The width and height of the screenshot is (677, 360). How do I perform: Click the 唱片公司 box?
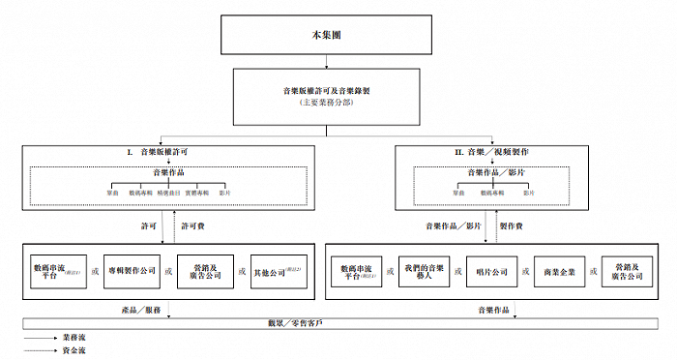(492, 271)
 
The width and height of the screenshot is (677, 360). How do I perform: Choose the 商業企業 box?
(560, 271)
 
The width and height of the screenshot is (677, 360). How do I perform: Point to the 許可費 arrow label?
(195, 225)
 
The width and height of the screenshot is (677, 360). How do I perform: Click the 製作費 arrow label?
(513, 225)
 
